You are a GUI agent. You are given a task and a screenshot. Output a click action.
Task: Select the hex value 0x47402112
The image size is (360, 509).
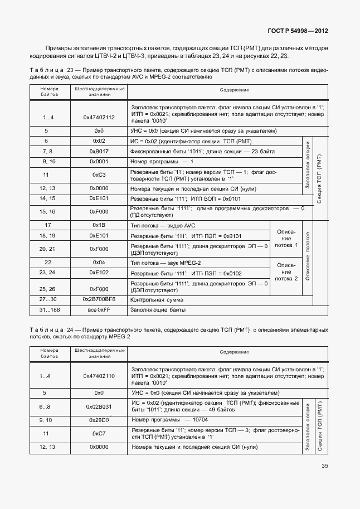[99, 117]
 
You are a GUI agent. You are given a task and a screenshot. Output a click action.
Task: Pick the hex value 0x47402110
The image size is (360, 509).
[99, 376]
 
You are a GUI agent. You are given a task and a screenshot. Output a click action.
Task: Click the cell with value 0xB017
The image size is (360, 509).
[99, 152]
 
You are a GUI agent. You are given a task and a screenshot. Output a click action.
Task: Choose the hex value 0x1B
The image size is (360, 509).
[99, 225]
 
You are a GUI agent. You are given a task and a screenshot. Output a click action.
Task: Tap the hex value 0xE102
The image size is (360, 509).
[99, 273]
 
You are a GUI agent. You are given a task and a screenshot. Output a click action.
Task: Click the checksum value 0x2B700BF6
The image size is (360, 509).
[99, 299]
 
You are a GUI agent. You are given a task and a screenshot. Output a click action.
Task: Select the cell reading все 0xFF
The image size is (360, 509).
[99, 309]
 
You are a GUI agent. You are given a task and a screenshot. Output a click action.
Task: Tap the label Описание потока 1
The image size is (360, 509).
[286, 239]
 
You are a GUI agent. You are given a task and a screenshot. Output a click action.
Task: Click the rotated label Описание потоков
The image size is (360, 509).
[307, 257]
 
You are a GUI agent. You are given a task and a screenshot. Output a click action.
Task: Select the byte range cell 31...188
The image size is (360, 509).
[47, 309]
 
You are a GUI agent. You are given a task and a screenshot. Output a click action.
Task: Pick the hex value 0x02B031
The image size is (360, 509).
[99, 407]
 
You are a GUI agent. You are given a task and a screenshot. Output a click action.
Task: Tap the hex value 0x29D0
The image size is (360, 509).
[99, 419]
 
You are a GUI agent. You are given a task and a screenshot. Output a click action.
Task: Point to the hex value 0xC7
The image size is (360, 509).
[99, 433]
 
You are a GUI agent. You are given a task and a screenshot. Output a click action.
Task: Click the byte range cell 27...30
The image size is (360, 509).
[47, 299]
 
